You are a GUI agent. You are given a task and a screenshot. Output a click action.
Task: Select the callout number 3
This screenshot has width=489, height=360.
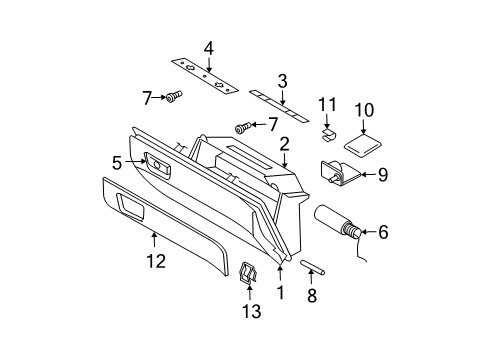pos(282,80)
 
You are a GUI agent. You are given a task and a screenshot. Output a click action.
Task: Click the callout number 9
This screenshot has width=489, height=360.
pos(381,173)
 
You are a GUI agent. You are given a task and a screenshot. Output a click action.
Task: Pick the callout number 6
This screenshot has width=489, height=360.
pos(382,233)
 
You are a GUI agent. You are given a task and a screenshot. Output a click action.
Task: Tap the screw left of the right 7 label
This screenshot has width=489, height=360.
pos(242,127)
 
